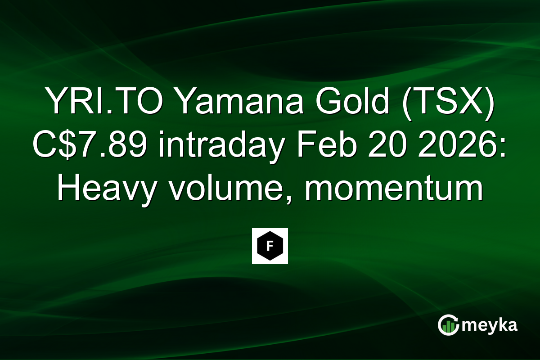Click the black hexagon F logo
[x=270, y=246]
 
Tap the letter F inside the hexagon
[x=270, y=246]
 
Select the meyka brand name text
[x=490, y=325]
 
